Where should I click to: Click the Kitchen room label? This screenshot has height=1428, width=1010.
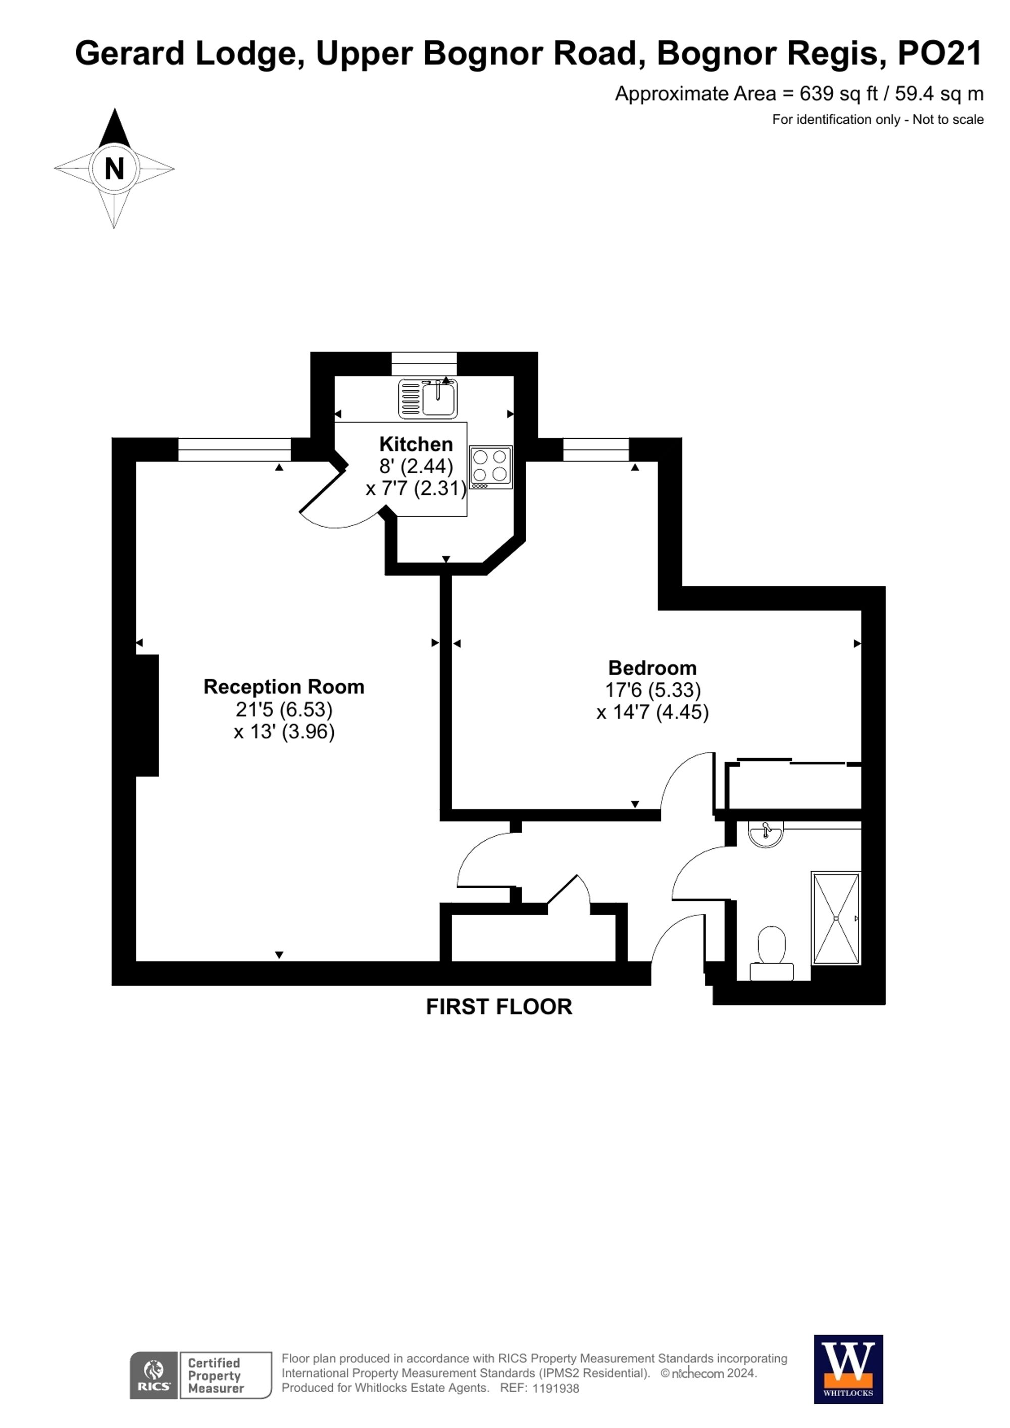[x=416, y=444]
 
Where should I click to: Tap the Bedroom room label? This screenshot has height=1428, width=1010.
[x=652, y=668]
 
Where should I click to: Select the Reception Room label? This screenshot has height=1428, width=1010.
[x=284, y=687]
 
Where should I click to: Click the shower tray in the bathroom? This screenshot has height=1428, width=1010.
[x=836, y=918]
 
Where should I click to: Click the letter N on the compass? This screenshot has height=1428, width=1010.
[x=115, y=169]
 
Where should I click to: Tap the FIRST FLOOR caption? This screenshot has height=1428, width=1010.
[x=499, y=1007]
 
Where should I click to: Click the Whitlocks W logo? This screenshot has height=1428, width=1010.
[x=848, y=1368]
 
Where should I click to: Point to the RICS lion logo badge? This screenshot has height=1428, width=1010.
[x=154, y=1374]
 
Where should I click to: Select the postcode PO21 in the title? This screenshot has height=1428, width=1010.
[x=939, y=54]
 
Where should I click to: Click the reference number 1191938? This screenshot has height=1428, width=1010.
[x=555, y=1388]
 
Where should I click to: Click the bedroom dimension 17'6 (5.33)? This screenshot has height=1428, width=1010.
[x=653, y=690]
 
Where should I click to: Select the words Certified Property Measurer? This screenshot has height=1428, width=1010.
[x=215, y=1375]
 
